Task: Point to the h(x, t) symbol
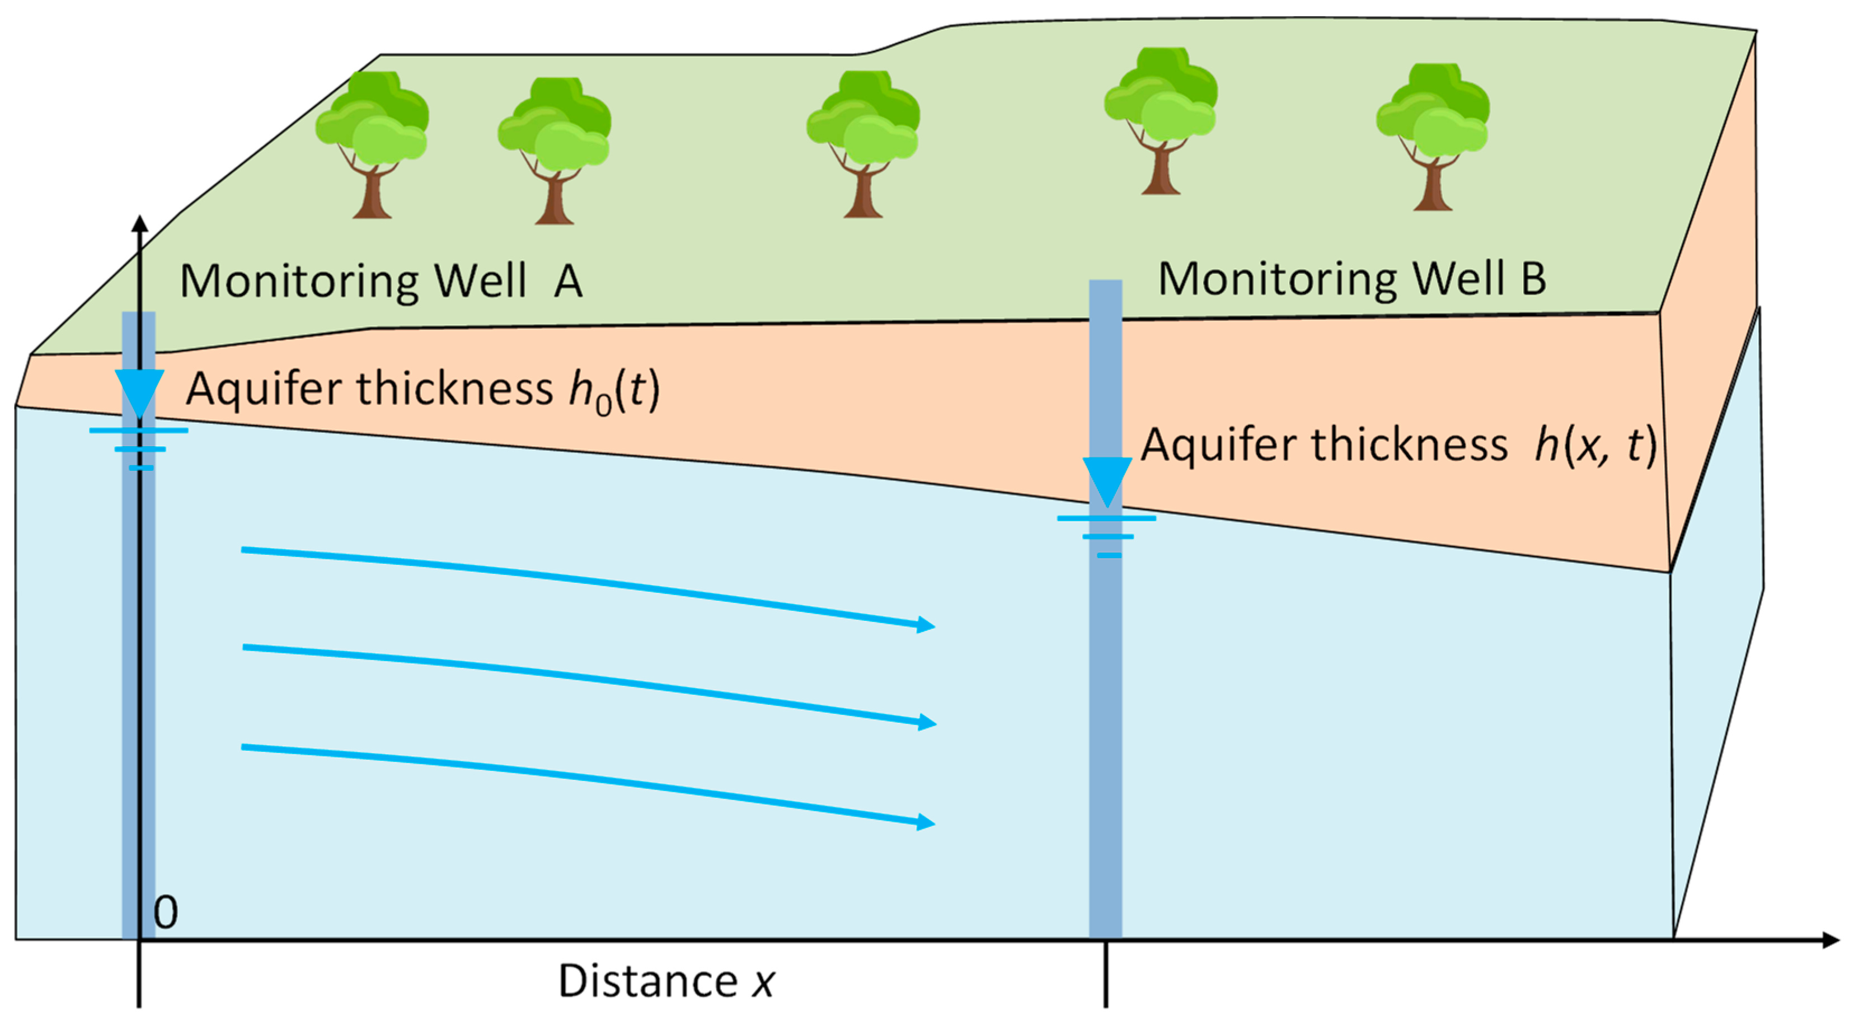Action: click(x=1595, y=445)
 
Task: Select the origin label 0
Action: click(x=165, y=913)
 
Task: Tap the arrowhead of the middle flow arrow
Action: click(x=926, y=722)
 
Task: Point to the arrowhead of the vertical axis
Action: click(x=140, y=224)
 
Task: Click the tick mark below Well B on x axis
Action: click(x=1106, y=975)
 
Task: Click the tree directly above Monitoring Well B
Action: click(x=1160, y=120)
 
